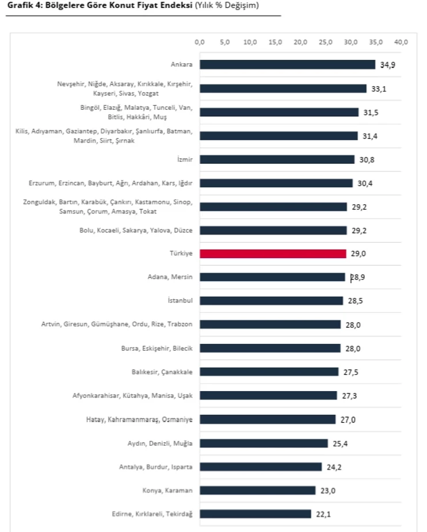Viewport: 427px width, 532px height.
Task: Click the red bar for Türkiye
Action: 273,254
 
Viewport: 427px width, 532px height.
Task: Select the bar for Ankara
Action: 287,65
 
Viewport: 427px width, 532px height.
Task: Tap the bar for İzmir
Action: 277,159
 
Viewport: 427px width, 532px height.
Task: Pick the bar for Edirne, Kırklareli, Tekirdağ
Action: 255,514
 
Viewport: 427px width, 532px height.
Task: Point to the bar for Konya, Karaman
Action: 257,490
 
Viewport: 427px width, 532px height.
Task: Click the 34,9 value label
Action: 388,65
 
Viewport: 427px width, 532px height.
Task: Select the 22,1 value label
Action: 323,514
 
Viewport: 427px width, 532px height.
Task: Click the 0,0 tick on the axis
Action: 200,42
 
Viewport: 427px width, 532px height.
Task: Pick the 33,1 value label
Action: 379,89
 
